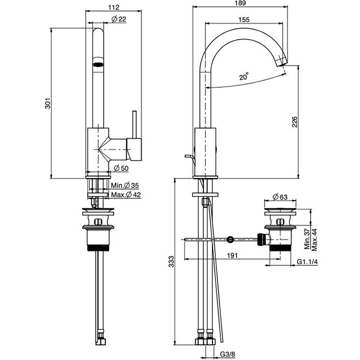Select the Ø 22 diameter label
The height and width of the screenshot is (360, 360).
120,20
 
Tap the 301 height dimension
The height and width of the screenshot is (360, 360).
47,104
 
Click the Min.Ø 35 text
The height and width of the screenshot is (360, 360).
125,186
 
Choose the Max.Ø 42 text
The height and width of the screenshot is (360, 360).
125,195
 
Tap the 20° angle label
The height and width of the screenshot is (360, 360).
244,77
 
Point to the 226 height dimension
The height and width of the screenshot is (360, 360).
294,122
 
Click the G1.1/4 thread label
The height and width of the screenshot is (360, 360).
308,262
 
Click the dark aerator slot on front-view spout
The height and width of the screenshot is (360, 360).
96,64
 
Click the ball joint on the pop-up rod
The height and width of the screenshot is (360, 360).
231,239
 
